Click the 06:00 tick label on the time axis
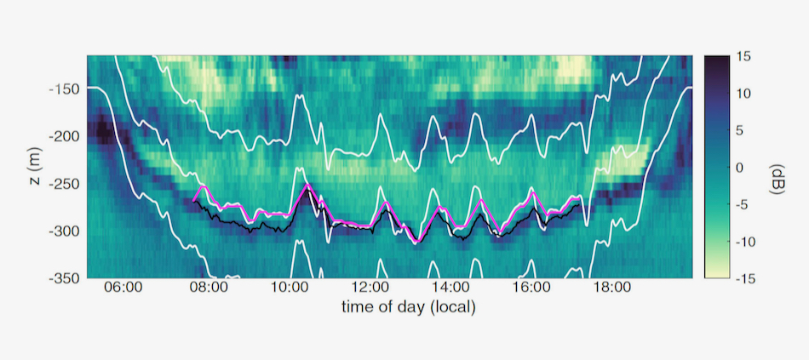(x=123, y=289)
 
